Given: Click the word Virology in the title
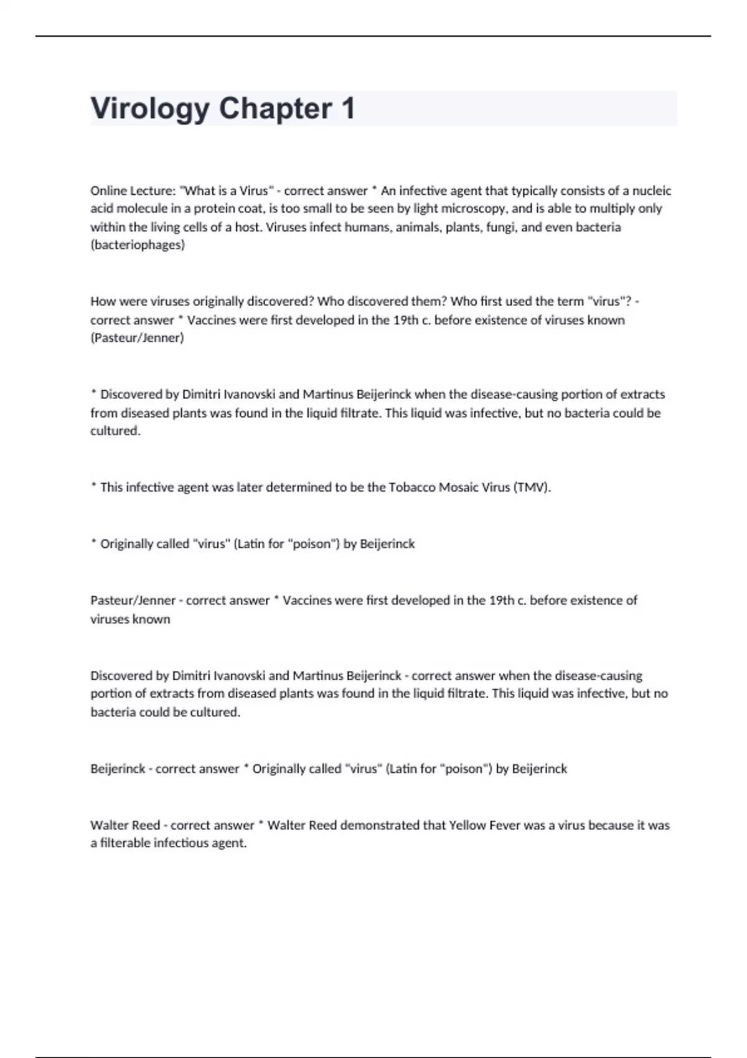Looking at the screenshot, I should point(150,109).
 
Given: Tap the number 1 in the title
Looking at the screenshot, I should point(348,109).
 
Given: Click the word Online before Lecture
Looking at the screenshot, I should point(110,190).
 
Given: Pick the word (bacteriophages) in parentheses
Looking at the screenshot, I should point(138,245).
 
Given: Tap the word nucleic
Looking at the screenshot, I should point(652,190).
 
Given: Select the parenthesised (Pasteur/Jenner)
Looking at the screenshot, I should point(137,338).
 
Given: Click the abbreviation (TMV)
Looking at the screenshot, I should point(532,487).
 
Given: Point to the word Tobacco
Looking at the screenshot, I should point(412,487).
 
